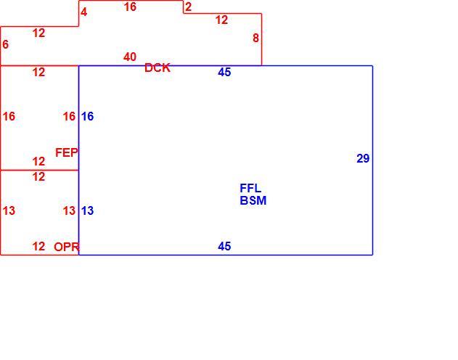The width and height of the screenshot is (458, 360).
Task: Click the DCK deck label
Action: [158, 67]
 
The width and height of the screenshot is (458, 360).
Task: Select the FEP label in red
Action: [67, 152]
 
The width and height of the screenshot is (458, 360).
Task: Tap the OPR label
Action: [67, 247]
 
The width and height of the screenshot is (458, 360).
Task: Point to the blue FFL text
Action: [250, 188]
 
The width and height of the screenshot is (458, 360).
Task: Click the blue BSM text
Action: [253, 200]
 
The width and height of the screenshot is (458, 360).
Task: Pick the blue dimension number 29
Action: [363, 158]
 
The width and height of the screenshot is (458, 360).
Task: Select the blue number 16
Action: [87, 116]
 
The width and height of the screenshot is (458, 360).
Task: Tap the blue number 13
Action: [87, 210]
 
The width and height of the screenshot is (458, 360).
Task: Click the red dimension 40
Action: [130, 57]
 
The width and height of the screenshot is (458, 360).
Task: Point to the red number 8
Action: [255, 38]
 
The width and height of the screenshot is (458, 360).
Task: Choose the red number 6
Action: [5, 44]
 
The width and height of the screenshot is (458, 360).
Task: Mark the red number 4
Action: [83, 12]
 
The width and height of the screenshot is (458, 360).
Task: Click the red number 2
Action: [188, 7]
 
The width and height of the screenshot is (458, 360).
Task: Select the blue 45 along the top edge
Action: [224, 72]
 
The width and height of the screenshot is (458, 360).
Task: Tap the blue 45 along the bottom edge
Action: [224, 247]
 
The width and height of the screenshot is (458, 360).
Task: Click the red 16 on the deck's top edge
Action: [130, 7]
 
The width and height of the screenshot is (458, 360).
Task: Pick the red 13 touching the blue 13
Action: [69, 210]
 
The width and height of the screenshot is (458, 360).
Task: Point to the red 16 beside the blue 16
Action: [69, 116]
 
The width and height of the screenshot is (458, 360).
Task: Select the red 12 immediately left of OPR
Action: [38, 247]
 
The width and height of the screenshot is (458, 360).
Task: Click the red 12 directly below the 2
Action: [221, 20]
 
